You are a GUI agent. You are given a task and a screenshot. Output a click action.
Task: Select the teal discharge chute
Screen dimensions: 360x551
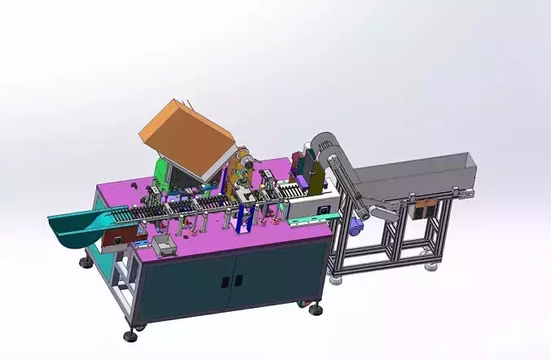[82, 225]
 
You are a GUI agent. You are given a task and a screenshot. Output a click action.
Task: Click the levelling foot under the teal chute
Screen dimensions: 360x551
[86, 262]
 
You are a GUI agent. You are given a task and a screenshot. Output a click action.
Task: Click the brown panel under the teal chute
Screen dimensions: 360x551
[114, 237]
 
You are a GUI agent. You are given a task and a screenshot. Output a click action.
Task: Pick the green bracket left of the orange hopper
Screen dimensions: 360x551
[162, 175]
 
